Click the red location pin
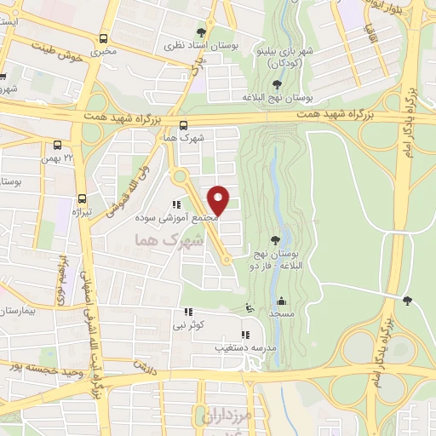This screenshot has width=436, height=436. [x=218, y=199]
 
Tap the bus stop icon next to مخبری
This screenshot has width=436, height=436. [x=103, y=38]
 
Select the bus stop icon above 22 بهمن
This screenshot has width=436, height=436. [x=56, y=145]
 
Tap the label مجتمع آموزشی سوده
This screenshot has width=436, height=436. [x=181, y=218]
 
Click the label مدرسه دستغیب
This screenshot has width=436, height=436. [x=248, y=347]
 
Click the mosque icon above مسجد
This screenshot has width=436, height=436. [x=282, y=301]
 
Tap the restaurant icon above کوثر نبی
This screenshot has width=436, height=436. [x=188, y=313]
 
